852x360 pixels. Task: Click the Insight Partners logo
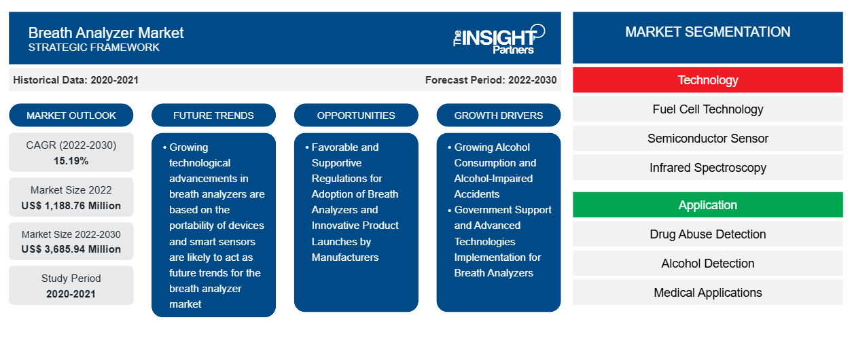(x=499, y=38)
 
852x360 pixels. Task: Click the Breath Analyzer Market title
(x=106, y=33)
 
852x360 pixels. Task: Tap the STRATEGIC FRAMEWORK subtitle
(x=94, y=48)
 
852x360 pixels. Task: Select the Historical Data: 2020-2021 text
(x=75, y=80)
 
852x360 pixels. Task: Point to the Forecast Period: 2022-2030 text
(x=491, y=80)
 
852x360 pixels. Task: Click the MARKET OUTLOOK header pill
(x=71, y=115)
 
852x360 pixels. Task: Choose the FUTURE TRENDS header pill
(x=213, y=115)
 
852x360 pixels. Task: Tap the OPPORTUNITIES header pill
(x=356, y=115)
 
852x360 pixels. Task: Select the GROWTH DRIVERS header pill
(x=499, y=115)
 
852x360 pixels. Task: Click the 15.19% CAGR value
(x=71, y=161)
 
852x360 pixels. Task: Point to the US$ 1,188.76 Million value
(x=71, y=205)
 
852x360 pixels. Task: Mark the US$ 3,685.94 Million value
(x=71, y=249)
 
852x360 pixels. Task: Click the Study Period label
(x=71, y=278)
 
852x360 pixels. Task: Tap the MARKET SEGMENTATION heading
(x=707, y=32)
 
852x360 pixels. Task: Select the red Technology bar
(x=707, y=80)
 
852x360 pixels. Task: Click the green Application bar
(x=707, y=205)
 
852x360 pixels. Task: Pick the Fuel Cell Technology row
(x=707, y=109)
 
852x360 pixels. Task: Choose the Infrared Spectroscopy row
(x=707, y=168)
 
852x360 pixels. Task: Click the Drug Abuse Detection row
(x=707, y=234)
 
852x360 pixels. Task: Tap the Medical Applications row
(x=707, y=293)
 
